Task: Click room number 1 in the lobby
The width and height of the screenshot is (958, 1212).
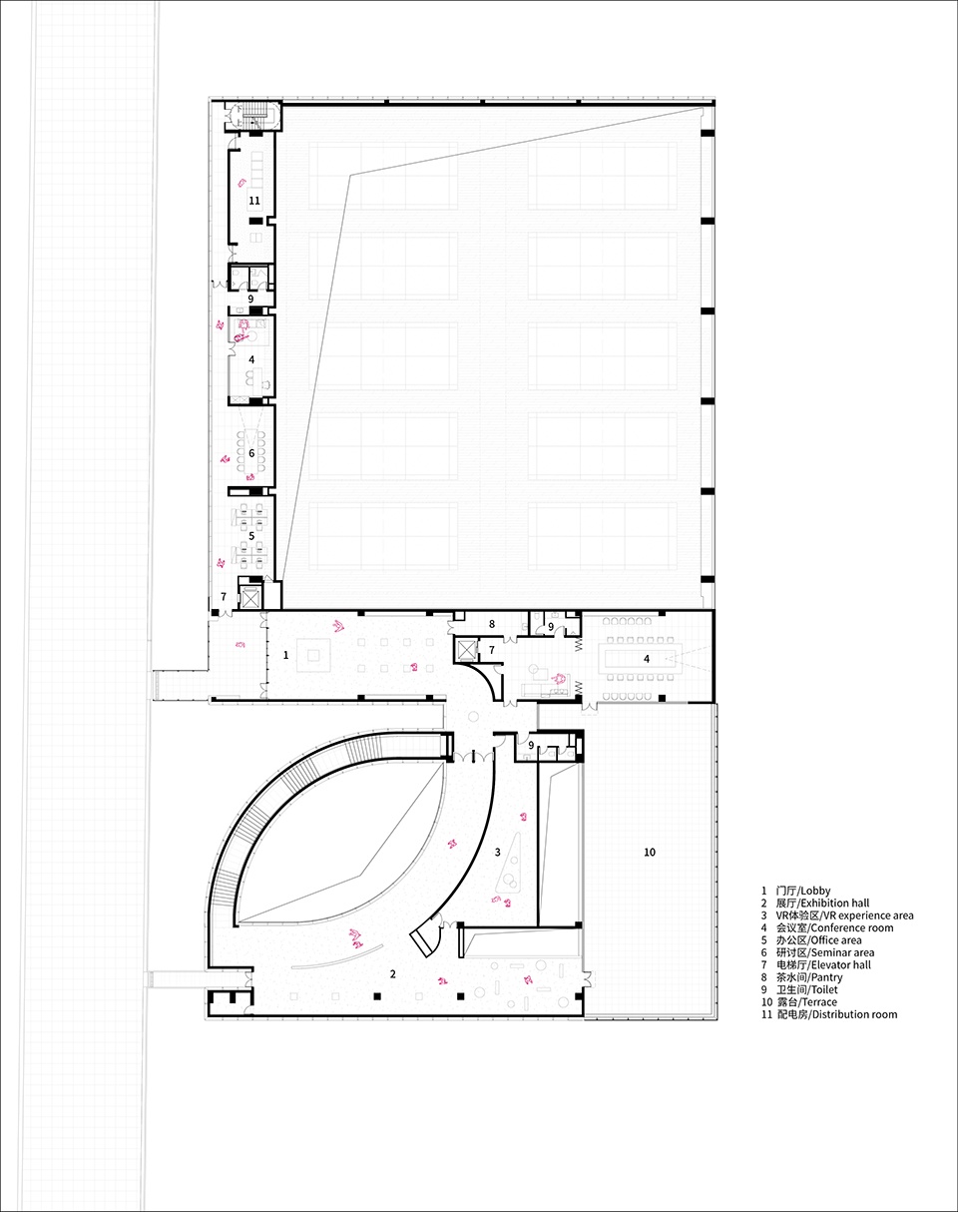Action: click(286, 655)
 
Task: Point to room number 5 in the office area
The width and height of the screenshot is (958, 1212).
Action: click(251, 535)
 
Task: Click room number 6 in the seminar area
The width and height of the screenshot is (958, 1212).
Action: click(251, 453)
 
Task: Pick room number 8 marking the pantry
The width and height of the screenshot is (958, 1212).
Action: click(492, 624)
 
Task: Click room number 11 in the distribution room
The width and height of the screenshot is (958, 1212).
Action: click(254, 201)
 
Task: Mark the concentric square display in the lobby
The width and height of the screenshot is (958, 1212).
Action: click(313, 655)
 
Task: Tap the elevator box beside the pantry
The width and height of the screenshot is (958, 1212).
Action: click(466, 650)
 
